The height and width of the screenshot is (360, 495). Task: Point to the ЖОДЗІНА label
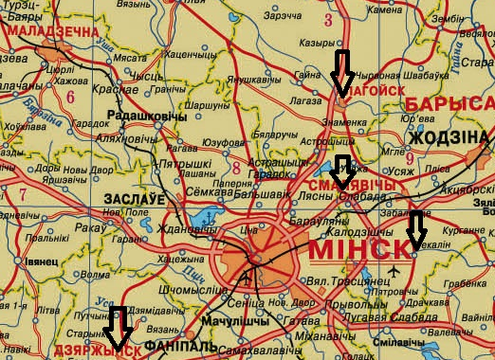(448, 138)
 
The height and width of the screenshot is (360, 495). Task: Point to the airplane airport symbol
(394, 274)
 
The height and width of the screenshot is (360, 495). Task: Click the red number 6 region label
(71, 96)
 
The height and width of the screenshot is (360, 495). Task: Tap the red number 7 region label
(21, 194)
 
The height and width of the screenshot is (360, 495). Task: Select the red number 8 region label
(235, 169)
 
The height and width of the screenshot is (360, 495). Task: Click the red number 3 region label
(329, 19)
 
